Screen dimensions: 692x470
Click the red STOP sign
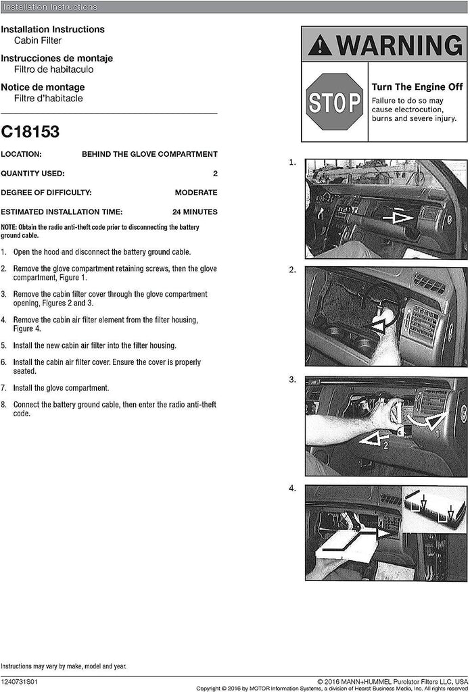coord(335,102)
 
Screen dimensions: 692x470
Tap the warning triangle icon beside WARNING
coord(319,45)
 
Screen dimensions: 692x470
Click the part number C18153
coord(30,132)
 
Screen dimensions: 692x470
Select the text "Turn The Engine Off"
coord(417,87)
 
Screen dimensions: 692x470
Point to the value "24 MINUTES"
coord(195,212)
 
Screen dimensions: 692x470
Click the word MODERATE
coord(195,193)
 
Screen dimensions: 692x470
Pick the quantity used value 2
coord(215,174)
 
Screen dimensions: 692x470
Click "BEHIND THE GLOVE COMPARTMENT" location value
coord(149,154)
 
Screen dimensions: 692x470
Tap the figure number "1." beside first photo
coord(292,163)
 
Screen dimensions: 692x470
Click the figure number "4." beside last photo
coord(292,488)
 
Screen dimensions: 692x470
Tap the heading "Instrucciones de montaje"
coord(57,58)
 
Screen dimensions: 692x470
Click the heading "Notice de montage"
coord(43,87)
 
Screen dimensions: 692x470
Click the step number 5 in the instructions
coord(3,345)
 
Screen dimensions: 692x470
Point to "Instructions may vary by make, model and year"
coord(64,666)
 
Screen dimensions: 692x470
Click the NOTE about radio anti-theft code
coord(108,232)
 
